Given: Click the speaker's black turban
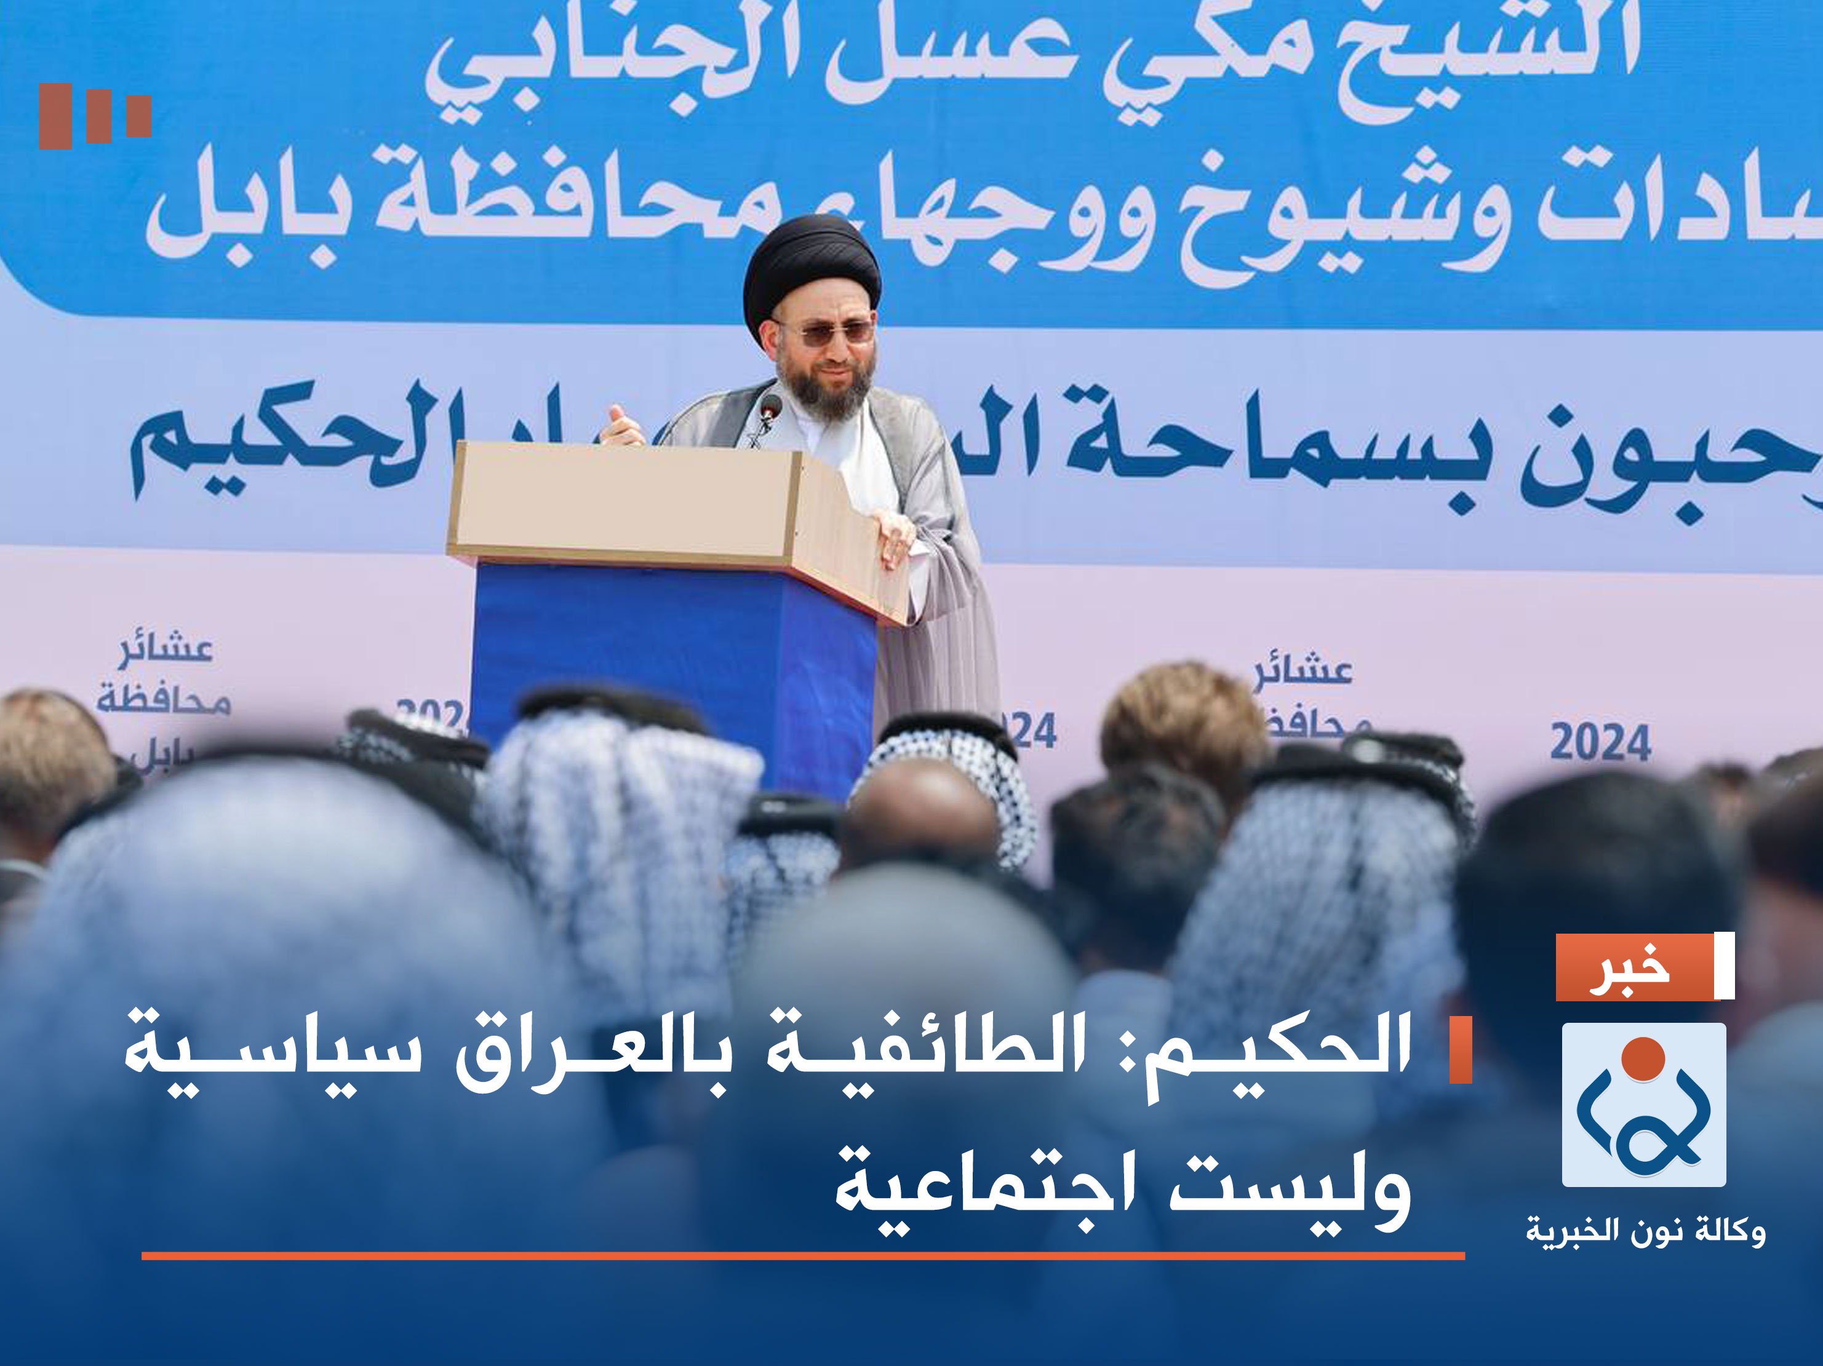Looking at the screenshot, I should pos(811,264).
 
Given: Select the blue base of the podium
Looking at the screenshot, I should pos(672,659).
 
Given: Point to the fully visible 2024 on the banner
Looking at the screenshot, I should pos(1600,742).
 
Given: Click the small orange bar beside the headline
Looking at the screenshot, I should pos(1461,1050).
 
